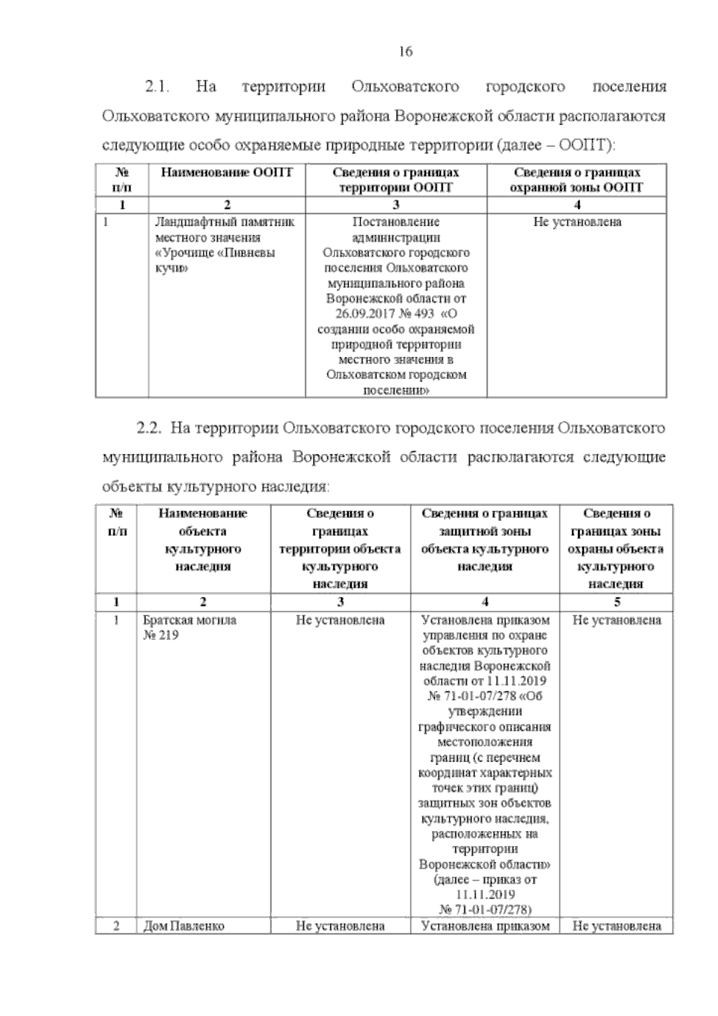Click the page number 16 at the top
[x=405, y=51]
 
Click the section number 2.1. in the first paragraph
[x=157, y=87]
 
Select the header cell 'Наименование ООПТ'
[x=227, y=173]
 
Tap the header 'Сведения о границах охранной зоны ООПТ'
[x=577, y=180]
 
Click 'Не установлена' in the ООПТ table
[x=577, y=222]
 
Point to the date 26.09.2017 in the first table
[x=357, y=314]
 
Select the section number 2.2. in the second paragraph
[x=150, y=429]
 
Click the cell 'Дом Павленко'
[x=183, y=943]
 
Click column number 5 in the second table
[x=616, y=602]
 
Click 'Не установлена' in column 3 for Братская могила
[x=340, y=620]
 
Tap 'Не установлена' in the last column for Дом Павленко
[x=616, y=943]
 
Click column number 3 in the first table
[x=395, y=205]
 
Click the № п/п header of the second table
[x=116, y=522]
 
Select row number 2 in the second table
[x=116, y=943]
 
